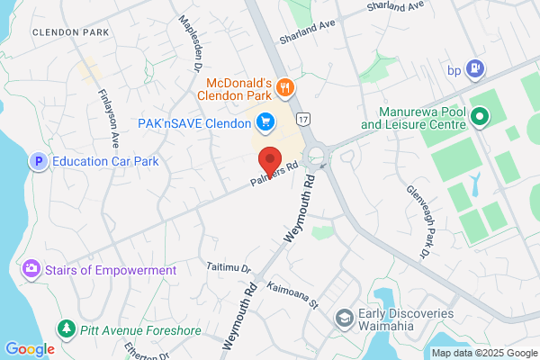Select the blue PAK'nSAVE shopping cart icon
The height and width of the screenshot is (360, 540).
pyautogui.click(x=265, y=121)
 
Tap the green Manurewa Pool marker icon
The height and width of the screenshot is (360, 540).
pyautogui.click(x=480, y=116)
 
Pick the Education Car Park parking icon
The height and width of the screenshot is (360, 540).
pyautogui.click(x=38, y=162)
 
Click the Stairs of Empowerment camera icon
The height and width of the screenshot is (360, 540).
pyautogui.click(x=31, y=269)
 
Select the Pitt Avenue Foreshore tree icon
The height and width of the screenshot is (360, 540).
pyautogui.click(x=65, y=329)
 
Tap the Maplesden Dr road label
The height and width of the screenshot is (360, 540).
pyautogui.click(x=190, y=43)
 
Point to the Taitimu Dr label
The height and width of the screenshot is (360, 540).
pyautogui.click(x=229, y=266)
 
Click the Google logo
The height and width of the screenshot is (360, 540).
pyautogui.click(x=30, y=349)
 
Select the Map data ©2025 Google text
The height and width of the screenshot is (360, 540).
pyautogui.click(x=483, y=352)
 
